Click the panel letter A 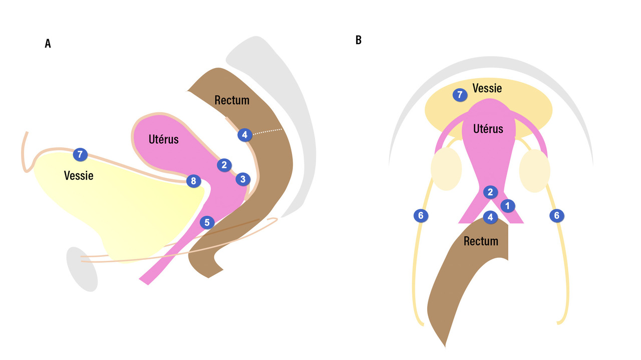point(48,44)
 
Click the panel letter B point(359,40)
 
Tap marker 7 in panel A point(80,155)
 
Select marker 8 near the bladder point(193,181)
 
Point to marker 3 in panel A point(243,179)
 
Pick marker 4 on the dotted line point(244,135)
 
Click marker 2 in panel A point(224,164)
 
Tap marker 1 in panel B point(507,205)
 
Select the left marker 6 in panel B point(421,216)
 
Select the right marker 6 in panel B point(556,216)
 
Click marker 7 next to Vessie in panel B point(460,95)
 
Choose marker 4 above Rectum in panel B point(490,217)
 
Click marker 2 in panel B point(490,192)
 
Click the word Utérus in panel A point(163,139)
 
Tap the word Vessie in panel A point(79,176)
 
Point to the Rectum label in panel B point(481,241)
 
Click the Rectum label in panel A point(232,100)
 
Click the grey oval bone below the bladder point(82,269)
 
